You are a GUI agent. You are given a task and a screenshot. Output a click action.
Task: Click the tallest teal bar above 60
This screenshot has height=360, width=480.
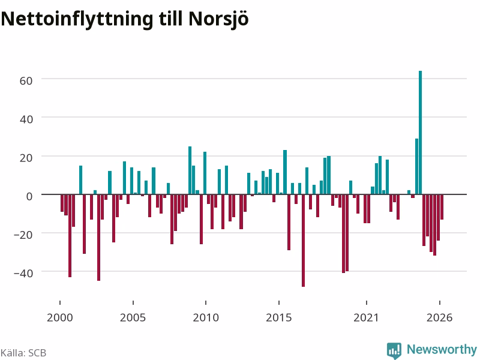pos(421,133)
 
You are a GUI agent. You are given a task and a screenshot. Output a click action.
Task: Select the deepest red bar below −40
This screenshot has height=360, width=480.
pos(304,241)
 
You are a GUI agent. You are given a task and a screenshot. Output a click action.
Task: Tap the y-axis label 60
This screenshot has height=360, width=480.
pos(26,81)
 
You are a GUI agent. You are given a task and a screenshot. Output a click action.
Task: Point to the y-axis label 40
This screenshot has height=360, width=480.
pos(26,119)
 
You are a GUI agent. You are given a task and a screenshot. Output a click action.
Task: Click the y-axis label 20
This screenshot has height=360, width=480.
pos(26,158)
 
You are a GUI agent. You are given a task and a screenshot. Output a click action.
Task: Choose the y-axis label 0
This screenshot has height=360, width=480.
pos(29,196)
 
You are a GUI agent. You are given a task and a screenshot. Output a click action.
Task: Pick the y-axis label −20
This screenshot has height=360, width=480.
pos(23,235)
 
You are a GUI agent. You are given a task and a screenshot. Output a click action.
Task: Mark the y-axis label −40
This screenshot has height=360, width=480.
pos(23,273)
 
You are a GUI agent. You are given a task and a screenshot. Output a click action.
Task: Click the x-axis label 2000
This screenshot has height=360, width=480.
pos(60,317)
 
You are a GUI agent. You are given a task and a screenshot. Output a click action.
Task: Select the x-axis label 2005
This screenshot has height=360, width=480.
pos(133,317)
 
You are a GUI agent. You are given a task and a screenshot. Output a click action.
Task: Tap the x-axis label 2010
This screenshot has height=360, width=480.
pos(206,317)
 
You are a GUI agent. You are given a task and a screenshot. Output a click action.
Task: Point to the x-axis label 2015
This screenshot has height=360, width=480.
pos(279,317)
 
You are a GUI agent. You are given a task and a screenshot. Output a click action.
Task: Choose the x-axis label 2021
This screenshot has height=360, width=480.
pos(366,317)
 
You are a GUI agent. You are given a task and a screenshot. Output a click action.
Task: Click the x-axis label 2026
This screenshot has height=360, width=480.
pos(439,317)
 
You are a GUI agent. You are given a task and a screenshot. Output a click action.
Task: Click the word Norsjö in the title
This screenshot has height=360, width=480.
pos(218,19)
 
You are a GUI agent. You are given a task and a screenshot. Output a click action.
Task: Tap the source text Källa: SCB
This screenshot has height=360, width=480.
pos(23,353)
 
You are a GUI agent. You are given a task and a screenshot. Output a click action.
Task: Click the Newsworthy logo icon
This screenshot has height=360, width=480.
pos(394,350)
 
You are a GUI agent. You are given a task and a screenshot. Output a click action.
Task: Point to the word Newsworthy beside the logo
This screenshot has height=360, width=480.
pos(442,349)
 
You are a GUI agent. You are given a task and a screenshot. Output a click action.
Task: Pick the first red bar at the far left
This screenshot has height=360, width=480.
pos(62,203)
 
